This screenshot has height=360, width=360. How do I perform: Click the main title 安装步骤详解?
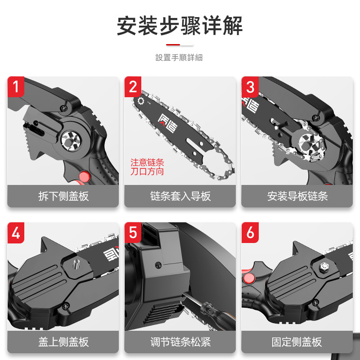coord(180,26)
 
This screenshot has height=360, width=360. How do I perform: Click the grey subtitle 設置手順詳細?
coord(179,58)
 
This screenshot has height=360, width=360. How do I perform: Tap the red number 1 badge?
coord(16,87)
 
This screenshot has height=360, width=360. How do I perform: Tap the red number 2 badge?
coord(133,87)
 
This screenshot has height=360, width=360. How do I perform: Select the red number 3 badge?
coord(250,87)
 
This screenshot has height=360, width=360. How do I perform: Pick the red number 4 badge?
coord(16,233)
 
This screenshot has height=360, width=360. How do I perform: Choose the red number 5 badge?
coord(133,233)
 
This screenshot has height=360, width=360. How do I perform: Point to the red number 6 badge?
coord(250,233)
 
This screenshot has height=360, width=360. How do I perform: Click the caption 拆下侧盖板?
coord(63,196)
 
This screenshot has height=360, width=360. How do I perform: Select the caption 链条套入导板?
coord(180,196)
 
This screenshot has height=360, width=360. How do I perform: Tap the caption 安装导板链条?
coord(297,196)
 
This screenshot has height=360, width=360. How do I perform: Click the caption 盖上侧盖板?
coord(63,342)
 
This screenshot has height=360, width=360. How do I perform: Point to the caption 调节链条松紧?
coord(180,342)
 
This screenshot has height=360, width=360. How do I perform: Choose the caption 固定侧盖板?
coord(297,342)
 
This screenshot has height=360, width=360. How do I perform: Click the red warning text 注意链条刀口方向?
coord(147,167)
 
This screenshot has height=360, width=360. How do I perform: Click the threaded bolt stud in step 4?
coord(76,265)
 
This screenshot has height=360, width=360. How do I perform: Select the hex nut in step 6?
coord(324,266)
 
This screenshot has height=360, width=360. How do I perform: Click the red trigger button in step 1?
coord(84,176)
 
